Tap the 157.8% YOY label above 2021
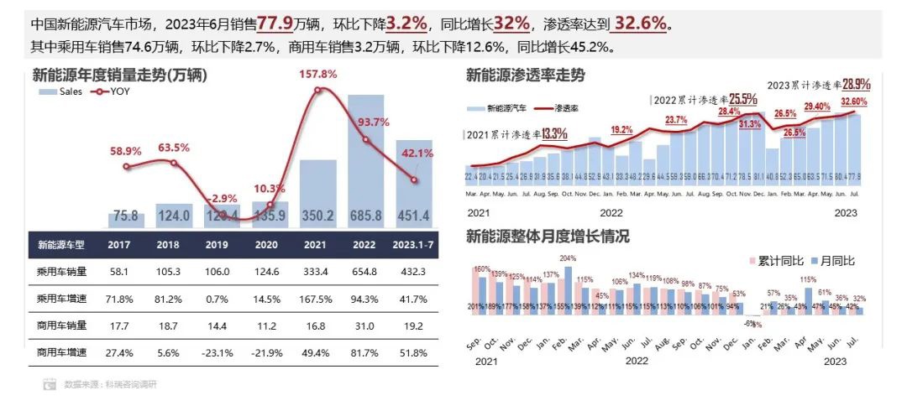[x=318, y=75]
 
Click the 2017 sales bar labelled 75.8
[x=126, y=216]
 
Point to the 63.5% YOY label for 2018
[x=174, y=148]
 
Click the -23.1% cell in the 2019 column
[x=221, y=353]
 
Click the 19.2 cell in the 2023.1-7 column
[x=413, y=326]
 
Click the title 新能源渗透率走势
[x=526, y=76]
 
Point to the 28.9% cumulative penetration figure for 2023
[x=856, y=84]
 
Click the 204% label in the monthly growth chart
[x=569, y=258]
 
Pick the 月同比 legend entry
[x=836, y=261]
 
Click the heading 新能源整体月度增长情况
[x=548, y=237]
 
